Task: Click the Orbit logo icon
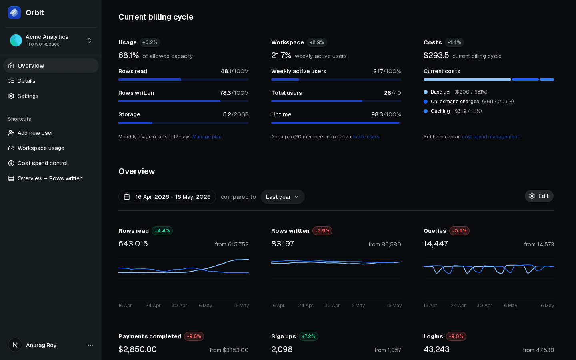tap(14, 13)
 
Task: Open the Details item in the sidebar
tap(22, 81)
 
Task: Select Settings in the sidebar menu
tap(23, 96)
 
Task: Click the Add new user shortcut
tap(30, 133)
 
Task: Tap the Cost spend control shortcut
tap(38, 163)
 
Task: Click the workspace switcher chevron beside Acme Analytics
tap(89, 40)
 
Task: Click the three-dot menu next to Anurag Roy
tap(90, 345)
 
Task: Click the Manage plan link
tap(207, 136)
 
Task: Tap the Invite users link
tap(366, 136)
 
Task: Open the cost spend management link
tap(491, 136)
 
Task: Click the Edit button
tap(539, 196)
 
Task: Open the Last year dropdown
tap(282, 197)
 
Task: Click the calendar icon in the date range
tap(127, 197)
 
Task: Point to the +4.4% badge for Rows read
tap(162, 231)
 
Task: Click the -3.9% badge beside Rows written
tap(322, 231)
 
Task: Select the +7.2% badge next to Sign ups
tap(308, 336)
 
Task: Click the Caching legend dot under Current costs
tap(426, 111)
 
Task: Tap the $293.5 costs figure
tap(436, 55)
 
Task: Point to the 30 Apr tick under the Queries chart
tap(484, 306)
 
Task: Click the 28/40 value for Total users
tap(392, 93)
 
